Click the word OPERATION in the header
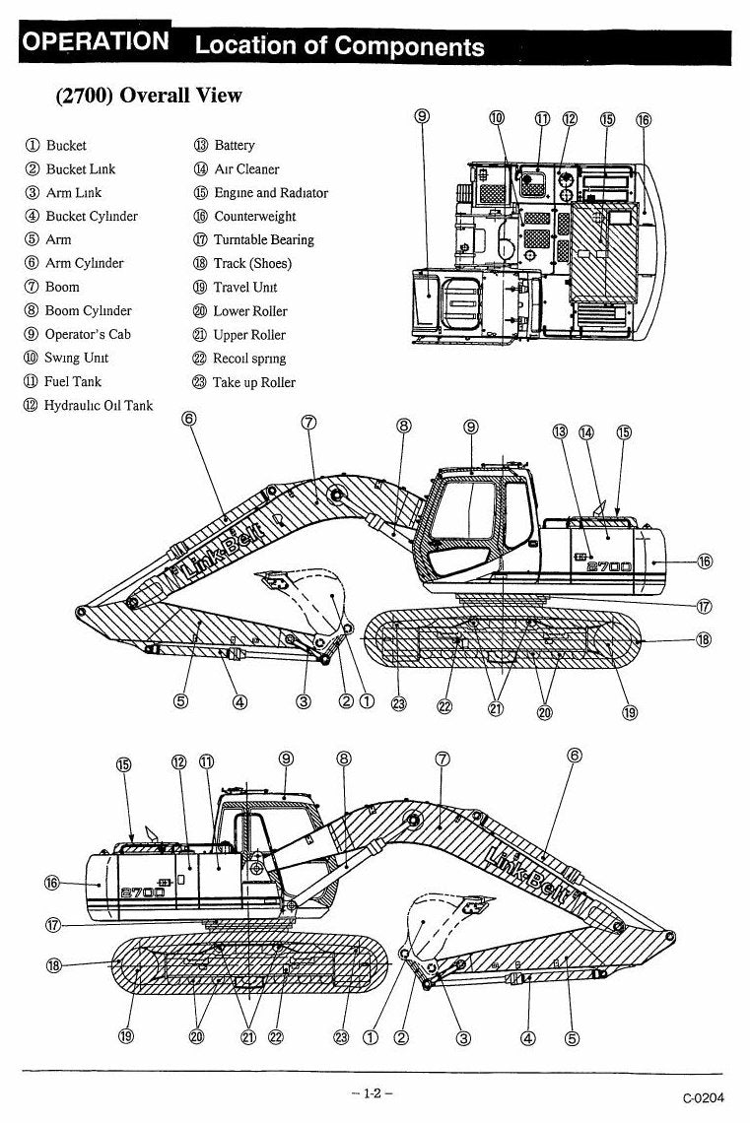[96, 41]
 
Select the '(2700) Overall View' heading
[149, 96]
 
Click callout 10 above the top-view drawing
[497, 118]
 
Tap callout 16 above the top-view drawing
[644, 119]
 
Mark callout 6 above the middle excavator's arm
[189, 418]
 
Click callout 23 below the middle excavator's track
[398, 704]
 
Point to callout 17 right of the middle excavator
[704, 607]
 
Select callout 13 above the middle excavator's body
[560, 431]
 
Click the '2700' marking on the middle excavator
[610, 566]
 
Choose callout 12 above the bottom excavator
[179, 762]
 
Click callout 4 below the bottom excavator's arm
[527, 1037]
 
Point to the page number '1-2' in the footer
[373, 1092]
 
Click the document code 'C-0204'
[703, 1097]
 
